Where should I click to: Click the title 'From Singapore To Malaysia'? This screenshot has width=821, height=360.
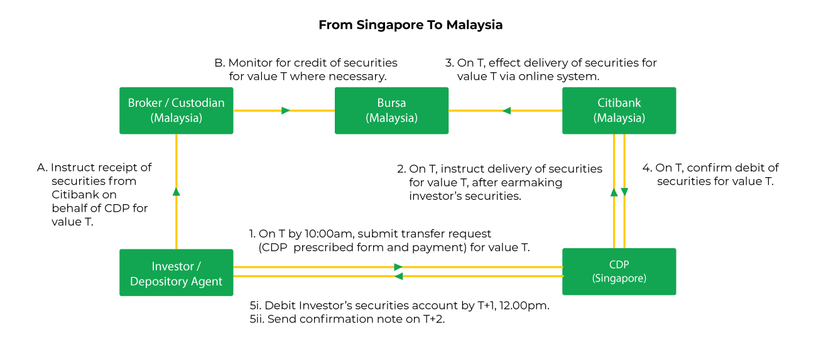[410, 25]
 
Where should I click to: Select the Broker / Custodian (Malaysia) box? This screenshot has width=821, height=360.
[176, 111]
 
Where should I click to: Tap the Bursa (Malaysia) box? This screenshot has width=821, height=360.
[391, 111]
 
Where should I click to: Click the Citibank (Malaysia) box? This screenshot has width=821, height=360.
[619, 111]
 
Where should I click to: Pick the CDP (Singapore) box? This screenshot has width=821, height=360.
[619, 271]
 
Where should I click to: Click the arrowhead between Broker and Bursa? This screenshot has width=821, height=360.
[286, 111]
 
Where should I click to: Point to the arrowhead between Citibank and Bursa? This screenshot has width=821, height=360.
[506, 111]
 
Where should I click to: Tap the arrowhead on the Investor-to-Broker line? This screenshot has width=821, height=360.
[177, 191]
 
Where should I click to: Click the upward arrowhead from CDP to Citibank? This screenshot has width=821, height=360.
[614, 192]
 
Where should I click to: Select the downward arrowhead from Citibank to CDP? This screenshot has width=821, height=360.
[624, 192]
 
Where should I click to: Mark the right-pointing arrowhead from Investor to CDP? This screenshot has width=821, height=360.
[398, 267]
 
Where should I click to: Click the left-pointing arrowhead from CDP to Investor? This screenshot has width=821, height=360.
[398, 276]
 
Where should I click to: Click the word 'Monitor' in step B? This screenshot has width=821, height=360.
[249, 63]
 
